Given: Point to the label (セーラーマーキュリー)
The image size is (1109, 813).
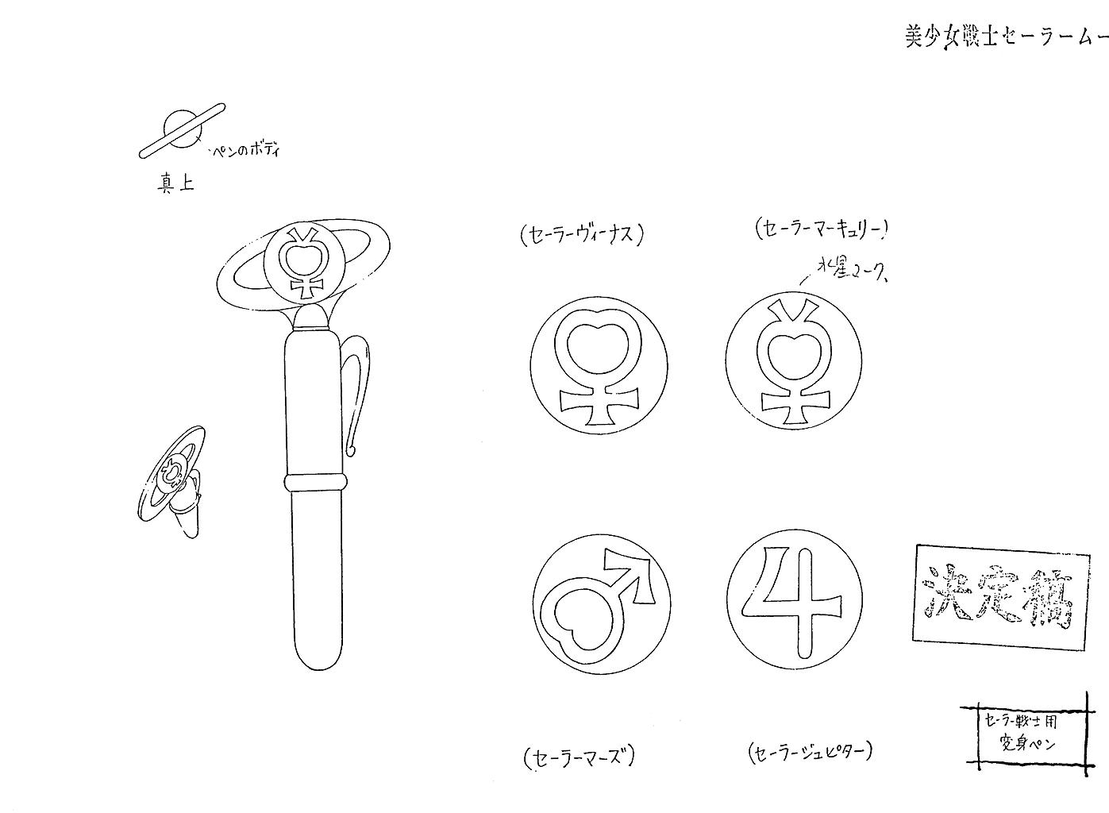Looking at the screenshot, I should (822, 229).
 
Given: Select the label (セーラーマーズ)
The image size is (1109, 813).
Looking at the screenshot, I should (580, 757).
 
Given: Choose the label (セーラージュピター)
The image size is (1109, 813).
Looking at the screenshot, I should (810, 751).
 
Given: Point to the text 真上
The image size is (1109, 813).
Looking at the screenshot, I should (175, 184).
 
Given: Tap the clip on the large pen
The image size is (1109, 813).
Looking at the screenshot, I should (356, 389).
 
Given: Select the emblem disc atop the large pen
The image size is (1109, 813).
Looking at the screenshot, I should (304, 264).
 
